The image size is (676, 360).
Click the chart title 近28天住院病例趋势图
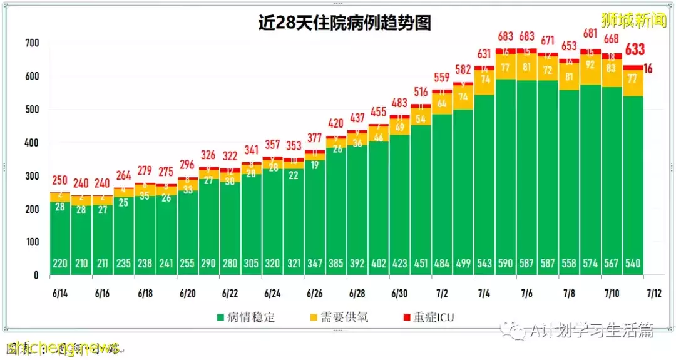point(344,23)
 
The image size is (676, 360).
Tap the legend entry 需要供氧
point(340,317)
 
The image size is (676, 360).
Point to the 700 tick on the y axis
point(32,43)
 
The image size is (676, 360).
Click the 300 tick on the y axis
point(32,176)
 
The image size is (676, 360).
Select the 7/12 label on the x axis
point(653,293)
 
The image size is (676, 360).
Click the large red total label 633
point(635,50)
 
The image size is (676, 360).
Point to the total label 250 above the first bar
point(60,181)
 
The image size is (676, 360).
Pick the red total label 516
point(420,93)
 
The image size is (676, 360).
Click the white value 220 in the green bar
point(60,264)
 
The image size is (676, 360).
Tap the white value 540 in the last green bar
point(633,264)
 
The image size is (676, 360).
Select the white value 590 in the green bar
point(506,264)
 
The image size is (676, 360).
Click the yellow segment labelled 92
point(590,64)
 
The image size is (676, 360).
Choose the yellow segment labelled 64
point(441,103)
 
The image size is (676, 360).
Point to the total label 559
point(441,78)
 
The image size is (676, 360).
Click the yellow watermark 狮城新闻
point(633,20)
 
